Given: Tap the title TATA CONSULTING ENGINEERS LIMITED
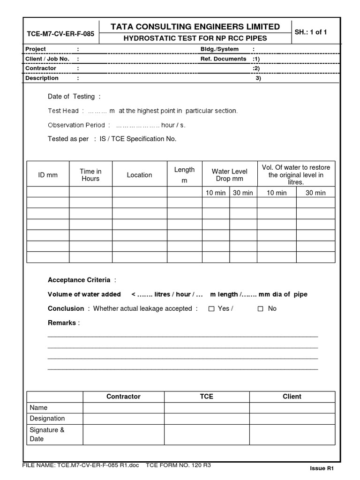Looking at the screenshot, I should coord(195,27).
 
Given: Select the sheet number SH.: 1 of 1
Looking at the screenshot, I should coord(311,32).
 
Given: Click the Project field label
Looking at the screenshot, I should coord(36,49).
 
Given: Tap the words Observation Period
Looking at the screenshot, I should coord(77,125).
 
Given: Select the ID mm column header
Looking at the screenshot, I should coord(48,175).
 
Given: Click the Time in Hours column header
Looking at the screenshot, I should coord(90,175).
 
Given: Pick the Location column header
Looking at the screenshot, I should coord(139,175).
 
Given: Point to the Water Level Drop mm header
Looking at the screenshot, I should coord(229,175).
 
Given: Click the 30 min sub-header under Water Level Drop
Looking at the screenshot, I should coord(243,193).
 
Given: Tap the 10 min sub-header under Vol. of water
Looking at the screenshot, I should coord(277,193).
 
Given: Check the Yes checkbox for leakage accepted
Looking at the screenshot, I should coord(211,309).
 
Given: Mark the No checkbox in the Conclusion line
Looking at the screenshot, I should coord(261,309).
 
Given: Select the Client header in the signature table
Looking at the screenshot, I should coord(292,397).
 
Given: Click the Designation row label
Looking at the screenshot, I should coord(47,419).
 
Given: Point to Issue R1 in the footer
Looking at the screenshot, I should coord(321,468).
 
